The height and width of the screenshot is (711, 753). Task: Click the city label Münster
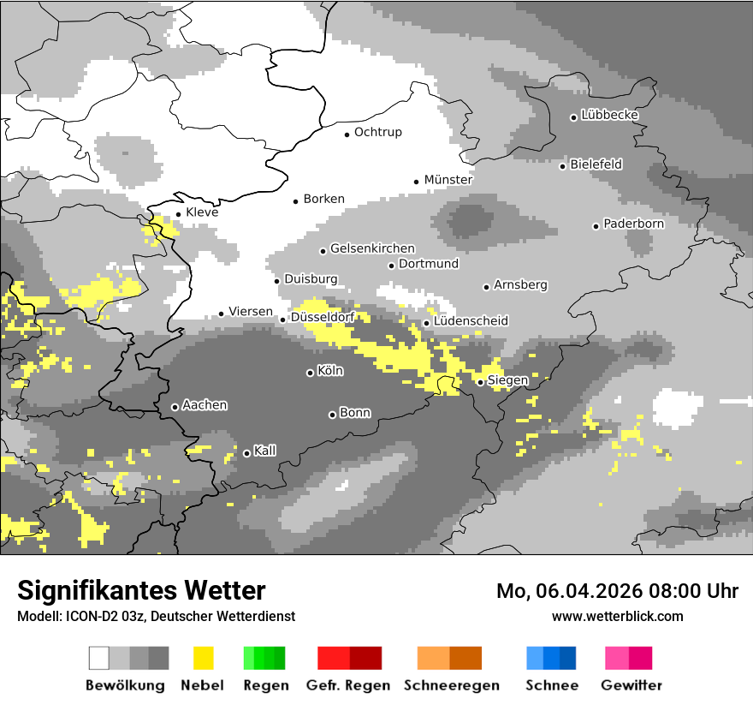(x=448, y=180)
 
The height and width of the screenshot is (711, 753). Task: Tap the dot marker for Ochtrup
(x=347, y=134)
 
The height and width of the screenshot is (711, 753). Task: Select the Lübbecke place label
(x=609, y=115)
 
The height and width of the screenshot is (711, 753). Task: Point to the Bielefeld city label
(x=596, y=164)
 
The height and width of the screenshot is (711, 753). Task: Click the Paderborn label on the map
(x=633, y=224)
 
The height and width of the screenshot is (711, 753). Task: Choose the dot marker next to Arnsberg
(x=486, y=287)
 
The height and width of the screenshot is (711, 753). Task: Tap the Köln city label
(x=329, y=371)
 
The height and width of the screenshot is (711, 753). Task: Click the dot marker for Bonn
(x=332, y=415)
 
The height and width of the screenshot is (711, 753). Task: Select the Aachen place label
(x=205, y=405)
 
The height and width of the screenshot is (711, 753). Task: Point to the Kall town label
(x=264, y=451)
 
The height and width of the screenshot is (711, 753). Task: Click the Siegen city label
(x=507, y=380)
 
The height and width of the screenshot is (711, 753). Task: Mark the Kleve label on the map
(x=202, y=212)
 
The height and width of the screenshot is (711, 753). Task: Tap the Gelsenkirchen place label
(x=372, y=248)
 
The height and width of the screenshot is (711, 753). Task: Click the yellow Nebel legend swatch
(x=203, y=658)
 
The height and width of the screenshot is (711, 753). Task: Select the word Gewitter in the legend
(x=631, y=685)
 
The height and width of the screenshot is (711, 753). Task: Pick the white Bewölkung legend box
(x=99, y=658)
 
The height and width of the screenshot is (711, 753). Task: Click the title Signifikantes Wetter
(x=141, y=590)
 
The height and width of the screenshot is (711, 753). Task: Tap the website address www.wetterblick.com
(x=617, y=616)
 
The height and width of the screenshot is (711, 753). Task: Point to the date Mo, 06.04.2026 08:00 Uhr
(x=617, y=591)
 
